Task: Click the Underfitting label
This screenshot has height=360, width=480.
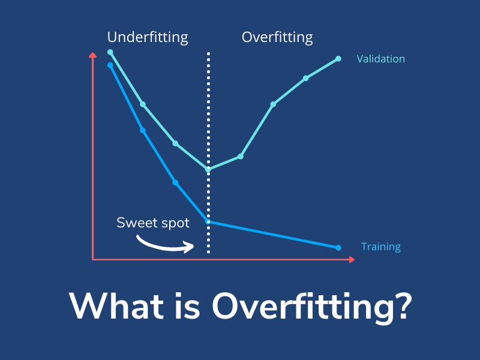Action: point(148,37)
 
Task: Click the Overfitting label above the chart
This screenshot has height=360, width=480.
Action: point(277,37)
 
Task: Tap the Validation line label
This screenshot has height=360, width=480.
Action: point(380,59)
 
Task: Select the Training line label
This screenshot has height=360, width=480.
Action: point(380,247)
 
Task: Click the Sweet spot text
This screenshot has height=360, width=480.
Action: point(153,223)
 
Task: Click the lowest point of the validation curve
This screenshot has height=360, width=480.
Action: point(208,169)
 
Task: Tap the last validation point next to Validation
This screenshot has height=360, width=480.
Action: point(338,59)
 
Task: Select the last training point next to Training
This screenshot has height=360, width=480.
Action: point(338,247)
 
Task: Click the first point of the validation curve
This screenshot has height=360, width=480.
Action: point(110,52)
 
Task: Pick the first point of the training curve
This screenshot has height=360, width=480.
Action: point(110,65)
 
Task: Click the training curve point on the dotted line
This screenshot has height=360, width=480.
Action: point(208,221)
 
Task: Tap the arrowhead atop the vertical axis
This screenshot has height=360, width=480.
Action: point(92,56)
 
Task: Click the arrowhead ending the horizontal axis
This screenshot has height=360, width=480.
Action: point(352,259)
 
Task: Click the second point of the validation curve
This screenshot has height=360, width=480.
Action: point(143,104)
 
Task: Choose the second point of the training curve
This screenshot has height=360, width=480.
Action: point(143,130)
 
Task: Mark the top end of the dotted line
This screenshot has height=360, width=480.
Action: point(208,54)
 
